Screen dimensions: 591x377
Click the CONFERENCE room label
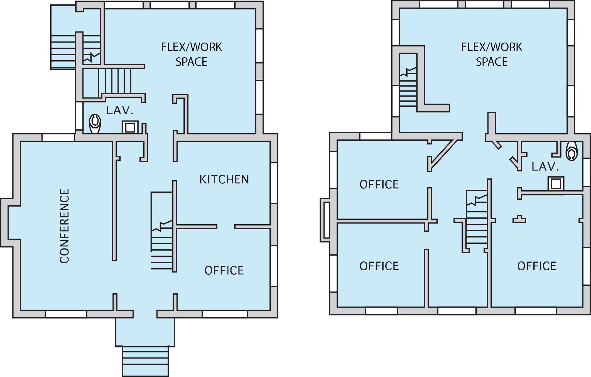click(64, 226)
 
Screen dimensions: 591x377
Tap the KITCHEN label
click(224, 180)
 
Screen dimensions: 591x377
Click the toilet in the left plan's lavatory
click(95, 124)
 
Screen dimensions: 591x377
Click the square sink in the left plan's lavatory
click(130, 127)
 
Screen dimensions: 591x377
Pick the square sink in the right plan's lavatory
click(556, 183)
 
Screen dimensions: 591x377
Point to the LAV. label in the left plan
click(120, 110)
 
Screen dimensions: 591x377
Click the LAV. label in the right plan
click(545, 167)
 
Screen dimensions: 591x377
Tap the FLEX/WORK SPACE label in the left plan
click(191, 54)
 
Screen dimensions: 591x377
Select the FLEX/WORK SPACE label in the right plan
click(492, 54)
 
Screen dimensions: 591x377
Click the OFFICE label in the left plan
click(224, 271)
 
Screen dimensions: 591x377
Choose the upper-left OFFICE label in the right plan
click(379, 185)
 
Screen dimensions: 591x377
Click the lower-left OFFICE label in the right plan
click(379, 266)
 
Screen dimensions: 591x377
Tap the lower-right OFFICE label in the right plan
click(537, 266)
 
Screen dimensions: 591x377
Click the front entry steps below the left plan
click(145, 361)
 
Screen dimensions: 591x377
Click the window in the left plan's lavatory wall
click(79, 116)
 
